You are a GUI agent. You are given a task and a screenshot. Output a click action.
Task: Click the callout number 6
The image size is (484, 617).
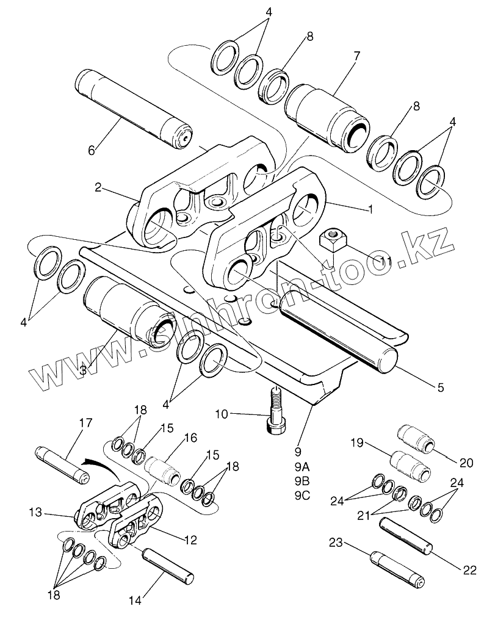(x=91, y=150)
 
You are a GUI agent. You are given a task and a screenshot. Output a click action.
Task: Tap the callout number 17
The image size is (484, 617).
(x=85, y=422)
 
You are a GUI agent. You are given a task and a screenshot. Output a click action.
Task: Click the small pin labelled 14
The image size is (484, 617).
(x=168, y=565)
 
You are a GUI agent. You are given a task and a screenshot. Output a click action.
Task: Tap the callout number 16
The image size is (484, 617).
(x=190, y=438)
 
